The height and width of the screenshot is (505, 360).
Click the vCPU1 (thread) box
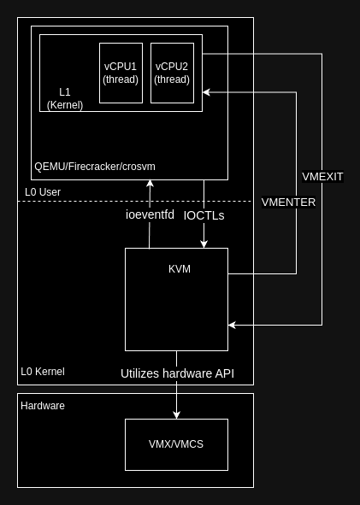[x=121, y=73]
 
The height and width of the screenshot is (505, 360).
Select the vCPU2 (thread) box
[x=172, y=73]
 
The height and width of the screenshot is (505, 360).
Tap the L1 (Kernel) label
[x=65, y=98]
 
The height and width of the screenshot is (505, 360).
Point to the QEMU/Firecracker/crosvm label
[x=95, y=167]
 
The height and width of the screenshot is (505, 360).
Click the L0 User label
[x=43, y=192]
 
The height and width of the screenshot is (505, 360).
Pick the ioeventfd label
[x=150, y=214]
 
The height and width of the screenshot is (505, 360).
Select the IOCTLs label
[x=204, y=215]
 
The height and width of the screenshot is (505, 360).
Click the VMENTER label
[x=288, y=203]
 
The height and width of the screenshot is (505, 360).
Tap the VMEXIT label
[x=322, y=177]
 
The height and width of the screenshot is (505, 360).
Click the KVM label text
[x=180, y=269]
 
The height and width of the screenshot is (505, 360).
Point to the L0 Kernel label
[x=43, y=372]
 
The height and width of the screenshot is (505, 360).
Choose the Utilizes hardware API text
[x=177, y=373]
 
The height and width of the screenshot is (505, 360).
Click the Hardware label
[x=43, y=406]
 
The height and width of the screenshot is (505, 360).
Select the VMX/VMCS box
[x=177, y=445]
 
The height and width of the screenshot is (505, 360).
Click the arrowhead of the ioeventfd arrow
[x=150, y=184]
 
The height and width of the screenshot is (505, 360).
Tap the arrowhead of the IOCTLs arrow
[x=204, y=244]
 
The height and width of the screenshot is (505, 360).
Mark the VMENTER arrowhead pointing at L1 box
[x=206, y=92]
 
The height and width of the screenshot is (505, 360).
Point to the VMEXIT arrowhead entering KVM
[x=232, y=325]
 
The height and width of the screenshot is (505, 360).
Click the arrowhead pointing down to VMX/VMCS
[x=176, y=414]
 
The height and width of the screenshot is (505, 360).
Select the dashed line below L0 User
[x=135, y=201]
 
